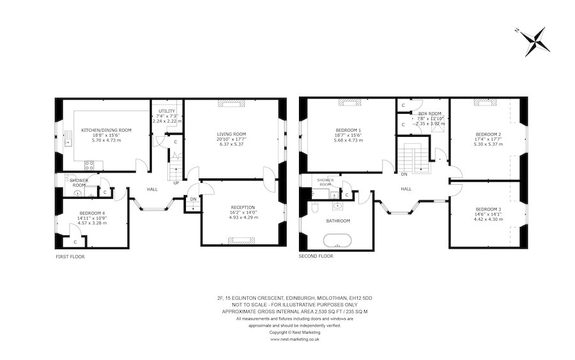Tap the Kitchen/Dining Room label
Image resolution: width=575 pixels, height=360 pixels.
click(x=106, y=130)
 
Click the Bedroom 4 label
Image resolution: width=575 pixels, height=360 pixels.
click(x=93, y=213)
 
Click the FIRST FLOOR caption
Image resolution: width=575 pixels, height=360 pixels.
click(x=70, y=256)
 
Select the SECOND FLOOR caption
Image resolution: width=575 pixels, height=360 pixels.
click(x=316, y=256)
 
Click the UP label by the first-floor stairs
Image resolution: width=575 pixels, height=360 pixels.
click(x=176, y=183)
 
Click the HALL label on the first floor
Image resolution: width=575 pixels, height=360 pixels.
click(x=153, y=189)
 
